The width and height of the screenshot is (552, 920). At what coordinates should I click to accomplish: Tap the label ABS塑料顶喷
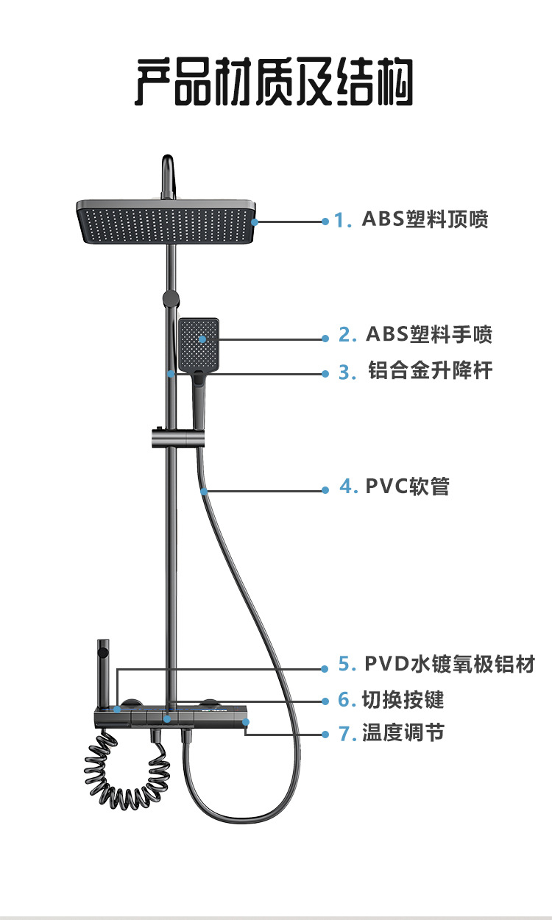(x=425, y=219)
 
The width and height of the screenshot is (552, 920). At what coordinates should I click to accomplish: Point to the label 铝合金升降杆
(x=430, y=371)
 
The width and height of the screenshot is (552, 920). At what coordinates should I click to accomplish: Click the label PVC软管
(x=406, y=486)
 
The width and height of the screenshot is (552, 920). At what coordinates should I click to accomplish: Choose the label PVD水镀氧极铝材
(x=449, y=664)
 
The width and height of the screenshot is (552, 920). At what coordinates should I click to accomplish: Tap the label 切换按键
(x=403, y=699)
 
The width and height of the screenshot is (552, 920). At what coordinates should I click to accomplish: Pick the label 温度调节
(x=403, y=733)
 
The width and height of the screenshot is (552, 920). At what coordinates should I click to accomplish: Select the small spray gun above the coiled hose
(x=104, y=662)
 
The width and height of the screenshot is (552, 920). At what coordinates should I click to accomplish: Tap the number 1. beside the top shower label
(x=343, y=220)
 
